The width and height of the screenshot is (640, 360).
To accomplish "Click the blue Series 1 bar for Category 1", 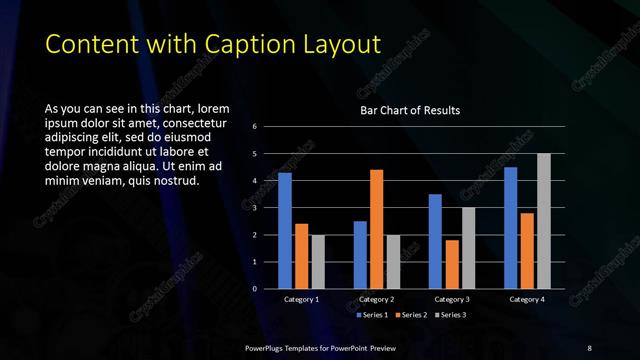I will tap(285, 231).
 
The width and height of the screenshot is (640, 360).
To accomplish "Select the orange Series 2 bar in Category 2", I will tap(376, 229).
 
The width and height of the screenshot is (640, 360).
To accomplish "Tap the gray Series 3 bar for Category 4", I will tap(543, 221).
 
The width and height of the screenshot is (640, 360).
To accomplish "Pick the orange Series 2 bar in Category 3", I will tap(452, 264).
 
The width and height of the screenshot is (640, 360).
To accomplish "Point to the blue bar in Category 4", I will tap(511, 228).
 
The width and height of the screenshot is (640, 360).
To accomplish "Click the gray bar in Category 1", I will tap(317, 262).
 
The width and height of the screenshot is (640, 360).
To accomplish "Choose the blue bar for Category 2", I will tap(360, 255).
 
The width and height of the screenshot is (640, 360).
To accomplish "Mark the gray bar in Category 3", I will tap(468, 248).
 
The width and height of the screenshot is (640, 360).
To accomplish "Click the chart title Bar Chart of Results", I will tap(410, 111).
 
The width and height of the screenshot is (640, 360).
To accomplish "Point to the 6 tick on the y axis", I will tap(256, 127).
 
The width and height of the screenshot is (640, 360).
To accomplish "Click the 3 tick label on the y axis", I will tap(256, 208).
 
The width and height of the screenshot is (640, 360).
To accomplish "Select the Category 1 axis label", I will tap(301, 299).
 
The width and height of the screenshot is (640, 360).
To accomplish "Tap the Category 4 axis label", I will tap(527, 299).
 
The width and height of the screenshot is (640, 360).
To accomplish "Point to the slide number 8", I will tap(589, 347).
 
